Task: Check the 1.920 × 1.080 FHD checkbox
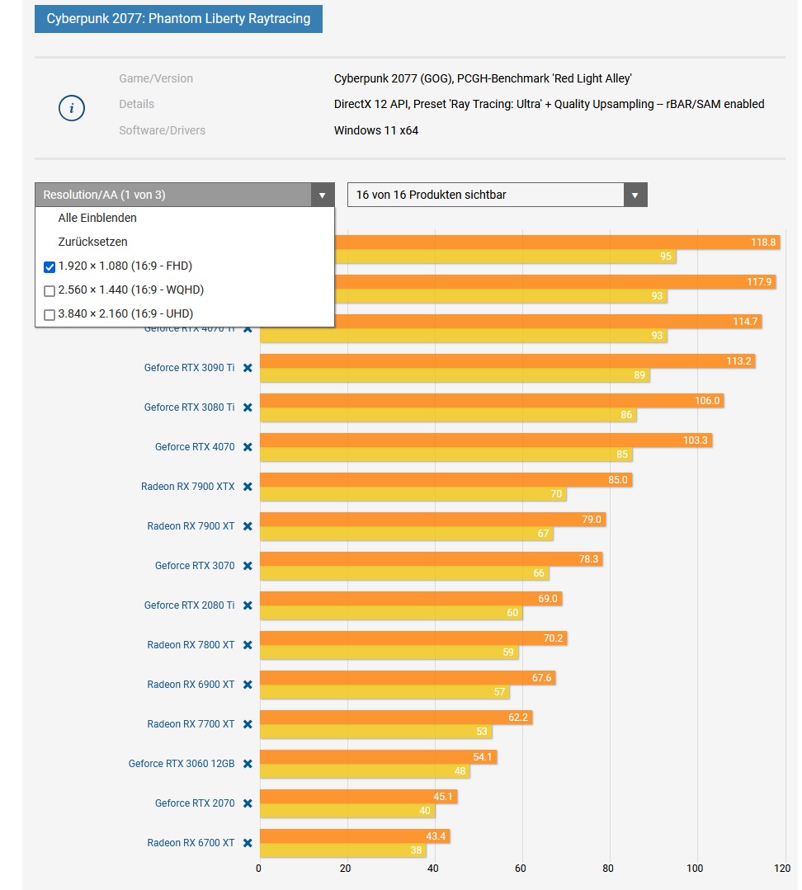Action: click(x=50, y=266)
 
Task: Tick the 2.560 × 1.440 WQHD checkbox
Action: click(x=50, y=290)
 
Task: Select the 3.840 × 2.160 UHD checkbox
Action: click(x=50, y=314)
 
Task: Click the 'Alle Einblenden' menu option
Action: click(x=97, y=218)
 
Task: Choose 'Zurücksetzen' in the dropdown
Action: click(x=92, y=242)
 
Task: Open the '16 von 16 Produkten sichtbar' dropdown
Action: click(x=497, y=195)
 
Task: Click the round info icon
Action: click(x=72, y=107)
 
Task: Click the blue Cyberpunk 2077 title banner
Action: click(x=178, y=18)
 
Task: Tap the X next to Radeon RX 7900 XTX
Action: click(x=248, y=487)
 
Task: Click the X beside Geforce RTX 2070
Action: click(x=248, y=803)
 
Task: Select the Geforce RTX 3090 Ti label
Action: click(x=189, y=368)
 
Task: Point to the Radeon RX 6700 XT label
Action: click(x=191, y=843)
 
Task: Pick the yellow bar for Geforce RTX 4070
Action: click(x=446, y=454)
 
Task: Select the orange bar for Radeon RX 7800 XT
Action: click(x=413, y=638)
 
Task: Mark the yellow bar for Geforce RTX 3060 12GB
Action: click(x=365, y=771)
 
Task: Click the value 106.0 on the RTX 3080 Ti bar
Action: click(x=707, y=401)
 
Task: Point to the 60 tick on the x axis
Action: click(x=521, y=868)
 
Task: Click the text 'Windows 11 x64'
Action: click(x=375, y=130)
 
